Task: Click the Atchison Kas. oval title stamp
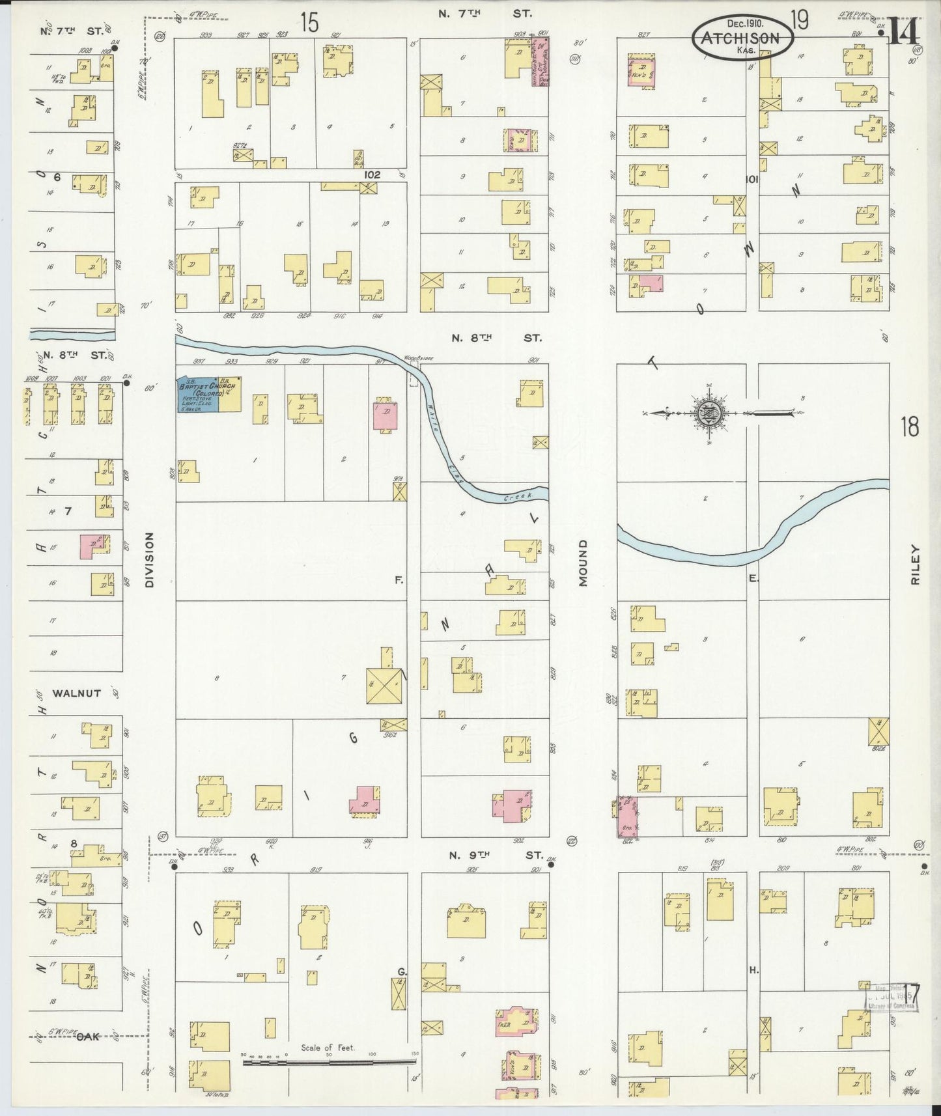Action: pos(742,37)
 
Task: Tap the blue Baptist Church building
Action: pos(199,394)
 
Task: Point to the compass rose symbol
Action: pos(707,413)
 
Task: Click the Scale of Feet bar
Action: pos(329,1063)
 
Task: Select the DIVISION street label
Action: pos(149,560)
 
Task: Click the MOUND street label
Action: pos(582,563)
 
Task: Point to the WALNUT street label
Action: pos(77,693)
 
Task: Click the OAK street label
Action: pos(88,1037)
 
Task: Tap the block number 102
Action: pos(372,174)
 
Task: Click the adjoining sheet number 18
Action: pos(909,427)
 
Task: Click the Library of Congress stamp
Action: pos(891,1014)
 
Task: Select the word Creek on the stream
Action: pos(517,497)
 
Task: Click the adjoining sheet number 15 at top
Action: pos(309,23)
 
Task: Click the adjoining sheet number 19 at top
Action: pos(800,21)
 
